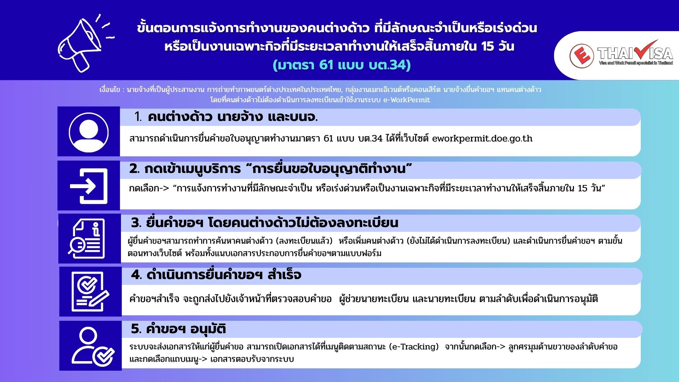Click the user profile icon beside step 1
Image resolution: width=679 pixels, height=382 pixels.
pyautogui.click(x=89, y=132)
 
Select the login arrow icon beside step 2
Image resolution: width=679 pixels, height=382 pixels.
pyautogui.click(x=89, y=186)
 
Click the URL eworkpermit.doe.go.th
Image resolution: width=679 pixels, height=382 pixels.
pyautogui.click(x=482, y=138)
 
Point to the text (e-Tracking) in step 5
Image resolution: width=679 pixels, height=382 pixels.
pyautogui.click(x=413, y=347)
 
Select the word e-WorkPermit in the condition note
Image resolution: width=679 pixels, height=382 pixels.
pyautogui.click(x=407, y=100)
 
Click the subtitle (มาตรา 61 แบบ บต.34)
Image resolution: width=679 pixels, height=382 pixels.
pyautogui.click(x=341, y=65)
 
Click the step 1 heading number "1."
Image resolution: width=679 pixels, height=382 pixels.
pyautogui.click(x=138, y=117)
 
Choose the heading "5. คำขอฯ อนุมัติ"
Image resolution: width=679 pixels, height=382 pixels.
pyautogui.click(x=178, y=329)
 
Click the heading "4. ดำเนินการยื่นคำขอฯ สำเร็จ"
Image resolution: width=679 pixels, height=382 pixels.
pyautogui.click(x=216, y=275)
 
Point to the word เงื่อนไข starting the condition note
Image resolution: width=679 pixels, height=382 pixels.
pyautogui.click(x=110, y=90)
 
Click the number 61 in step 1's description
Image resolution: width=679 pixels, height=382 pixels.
pyautogui.click(x=329, y=138)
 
